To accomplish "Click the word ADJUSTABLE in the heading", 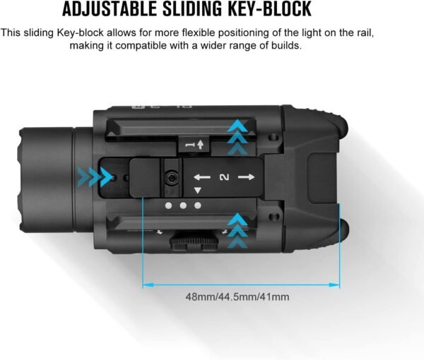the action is (110, 9).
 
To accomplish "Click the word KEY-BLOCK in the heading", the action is (270, 9).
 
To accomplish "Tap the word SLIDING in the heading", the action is (192, 9).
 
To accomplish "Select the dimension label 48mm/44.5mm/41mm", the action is (237, 296).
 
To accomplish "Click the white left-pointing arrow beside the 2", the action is (202, 177).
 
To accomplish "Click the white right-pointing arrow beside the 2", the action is (247, 177).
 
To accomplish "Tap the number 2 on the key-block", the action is (225, 177).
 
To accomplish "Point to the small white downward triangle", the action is (198, 191).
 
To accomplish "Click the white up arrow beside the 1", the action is (200, 145).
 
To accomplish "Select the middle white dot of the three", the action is (183, 206).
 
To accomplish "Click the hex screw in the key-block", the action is (171, 178).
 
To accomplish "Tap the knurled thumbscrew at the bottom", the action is (194, 241).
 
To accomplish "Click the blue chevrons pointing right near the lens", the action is (95, 177).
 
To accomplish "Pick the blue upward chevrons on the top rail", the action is (237, 137).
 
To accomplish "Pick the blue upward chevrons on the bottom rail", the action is (237, 230).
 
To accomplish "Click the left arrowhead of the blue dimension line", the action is (148, 285).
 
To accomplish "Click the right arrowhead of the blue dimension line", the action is (334, 285).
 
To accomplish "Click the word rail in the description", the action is (366, 33).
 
